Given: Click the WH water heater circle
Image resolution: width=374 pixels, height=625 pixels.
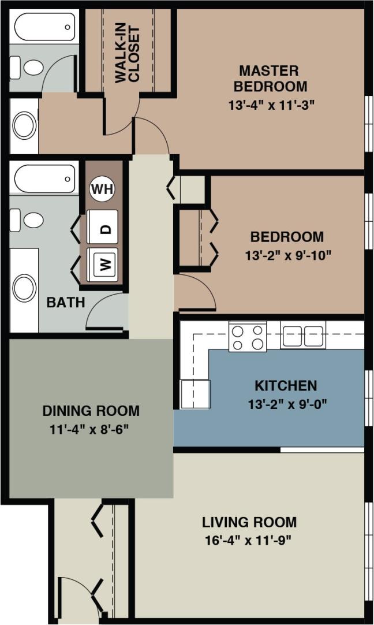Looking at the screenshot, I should (x=102, y=189).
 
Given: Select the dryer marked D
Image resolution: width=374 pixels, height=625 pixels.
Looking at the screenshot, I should (x=103, y=228).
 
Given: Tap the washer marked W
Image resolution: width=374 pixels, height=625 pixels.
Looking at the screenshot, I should (x=103, y=264).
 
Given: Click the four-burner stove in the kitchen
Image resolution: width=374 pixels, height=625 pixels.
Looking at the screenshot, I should (x=248, y=337).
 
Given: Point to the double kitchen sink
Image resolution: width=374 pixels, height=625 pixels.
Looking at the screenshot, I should (x=303, y=336).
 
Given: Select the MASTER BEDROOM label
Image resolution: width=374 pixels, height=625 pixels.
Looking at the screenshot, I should (x=270, y=79).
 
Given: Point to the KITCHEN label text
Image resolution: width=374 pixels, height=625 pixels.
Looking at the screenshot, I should (x=286, y=385).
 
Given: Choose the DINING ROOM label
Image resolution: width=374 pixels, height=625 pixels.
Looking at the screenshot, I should (x=91, y=411).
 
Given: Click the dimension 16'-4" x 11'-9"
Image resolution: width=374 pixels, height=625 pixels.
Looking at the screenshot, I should (x=249, y=541).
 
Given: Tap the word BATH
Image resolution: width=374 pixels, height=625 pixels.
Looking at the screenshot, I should (x=66, y=302).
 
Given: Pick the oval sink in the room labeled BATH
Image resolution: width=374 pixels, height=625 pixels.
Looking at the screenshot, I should (x=24, y=288).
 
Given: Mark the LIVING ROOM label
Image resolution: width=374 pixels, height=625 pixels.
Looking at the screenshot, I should (x=249, y=522).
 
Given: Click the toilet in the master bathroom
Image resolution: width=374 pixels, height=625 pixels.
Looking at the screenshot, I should (x=29, y=68).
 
